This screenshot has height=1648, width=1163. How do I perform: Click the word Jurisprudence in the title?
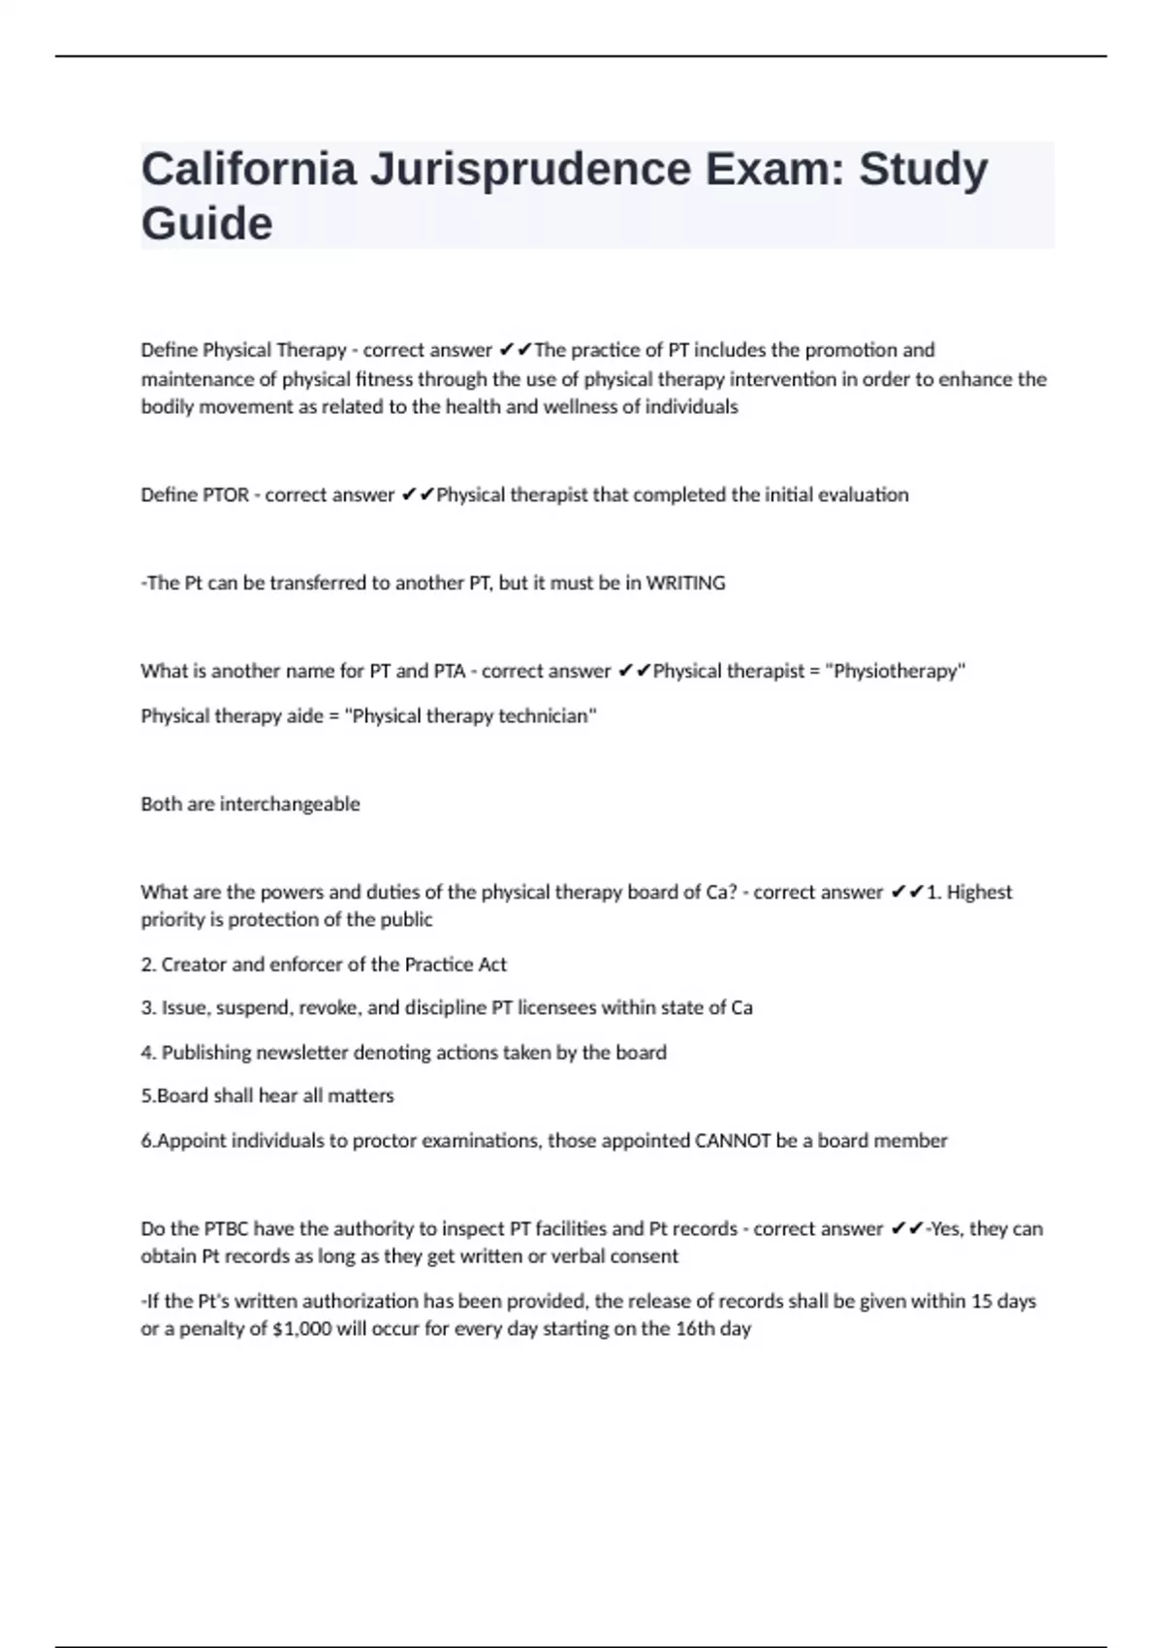(530, 170)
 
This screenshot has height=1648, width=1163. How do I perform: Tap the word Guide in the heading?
(206, 224)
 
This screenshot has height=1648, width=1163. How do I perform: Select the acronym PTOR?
(226, 495)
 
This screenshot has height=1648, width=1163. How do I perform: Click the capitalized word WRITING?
(685, 584)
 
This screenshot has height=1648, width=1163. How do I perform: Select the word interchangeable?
(290, 804)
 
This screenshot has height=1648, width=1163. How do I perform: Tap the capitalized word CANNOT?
(733, 1141)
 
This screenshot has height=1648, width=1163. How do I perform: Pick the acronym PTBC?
(227, 1229)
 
